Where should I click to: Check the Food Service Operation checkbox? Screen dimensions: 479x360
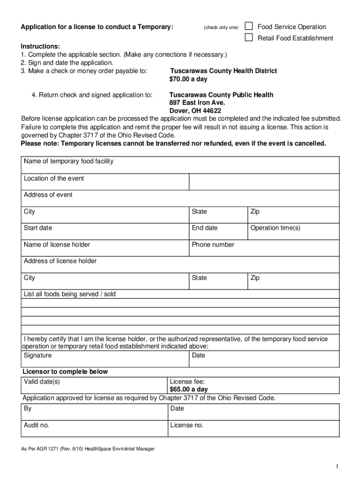249,26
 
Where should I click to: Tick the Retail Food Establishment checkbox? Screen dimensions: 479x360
249,37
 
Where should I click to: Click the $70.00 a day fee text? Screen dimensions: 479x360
188,79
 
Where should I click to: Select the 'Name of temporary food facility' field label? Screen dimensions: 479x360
69,161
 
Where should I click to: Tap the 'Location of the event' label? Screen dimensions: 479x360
54,178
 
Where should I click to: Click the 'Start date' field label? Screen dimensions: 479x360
38,228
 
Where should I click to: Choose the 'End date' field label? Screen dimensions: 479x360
204,228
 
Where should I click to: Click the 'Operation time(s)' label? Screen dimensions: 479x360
275,228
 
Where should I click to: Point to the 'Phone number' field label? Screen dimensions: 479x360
213,244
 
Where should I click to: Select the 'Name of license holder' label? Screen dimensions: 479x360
57,244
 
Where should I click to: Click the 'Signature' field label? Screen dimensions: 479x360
38,355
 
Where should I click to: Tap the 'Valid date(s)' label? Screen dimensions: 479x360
42,381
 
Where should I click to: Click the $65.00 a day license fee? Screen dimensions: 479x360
188,389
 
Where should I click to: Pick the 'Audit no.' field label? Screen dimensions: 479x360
36,425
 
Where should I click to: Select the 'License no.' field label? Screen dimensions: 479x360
187,425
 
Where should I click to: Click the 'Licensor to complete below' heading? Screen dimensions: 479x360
65,371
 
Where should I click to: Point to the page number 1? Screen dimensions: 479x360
336,466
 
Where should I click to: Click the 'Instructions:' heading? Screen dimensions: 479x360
40,46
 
